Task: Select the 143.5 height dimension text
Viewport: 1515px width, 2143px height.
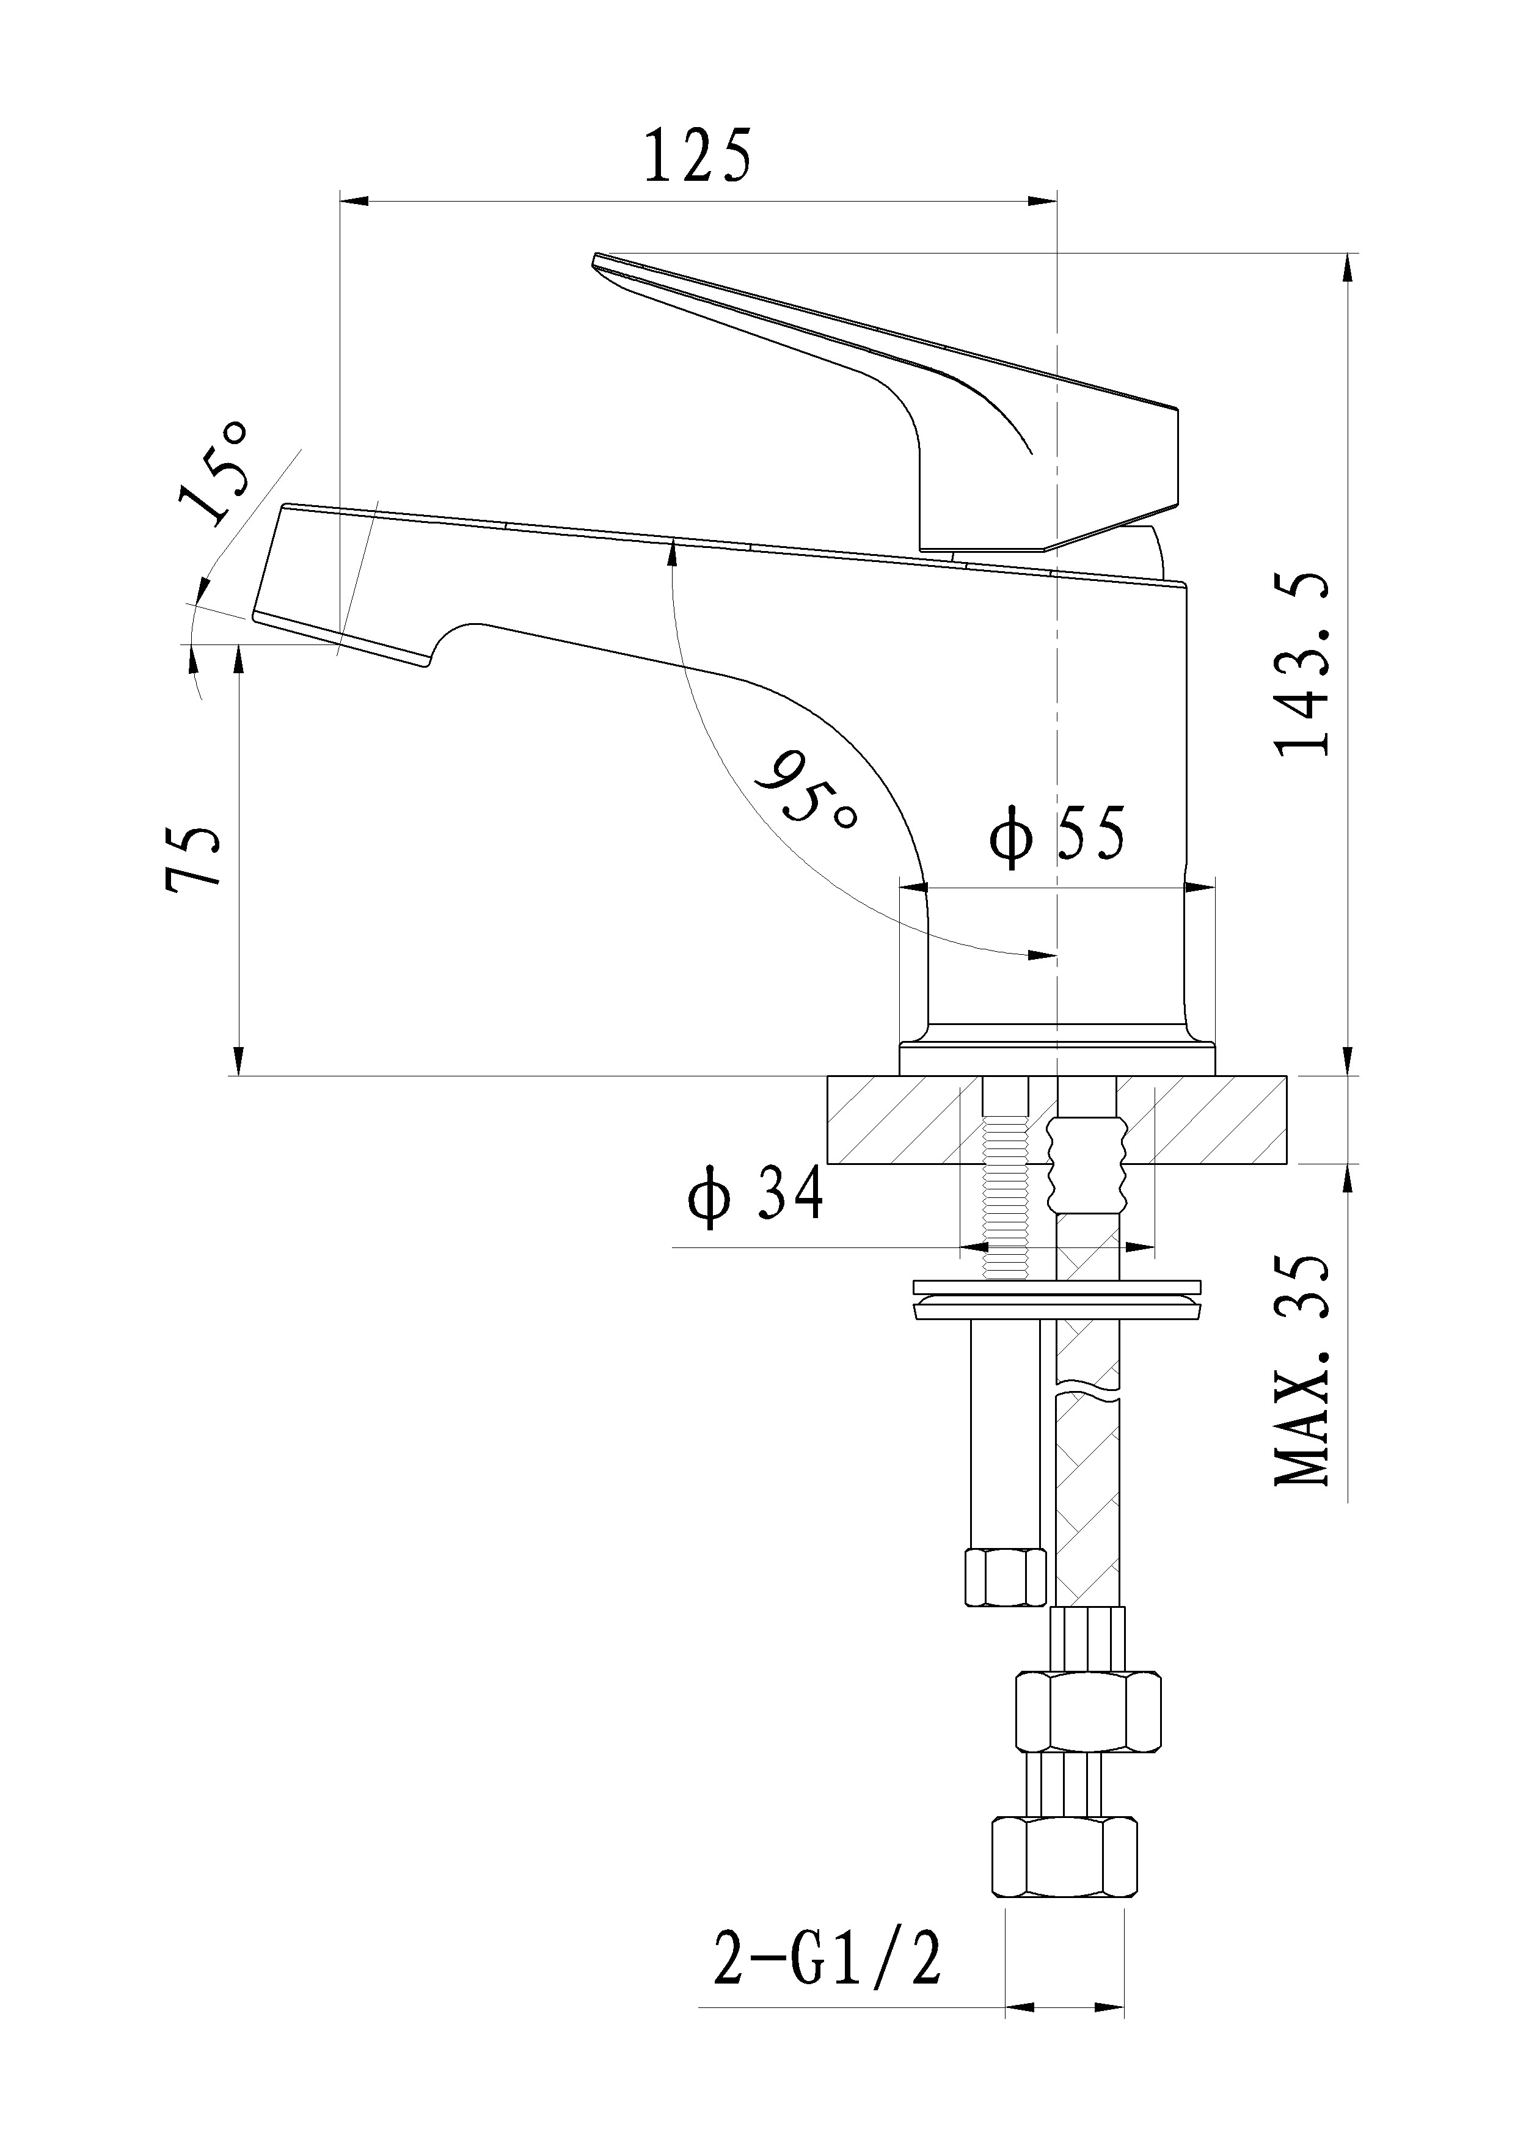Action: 1301,665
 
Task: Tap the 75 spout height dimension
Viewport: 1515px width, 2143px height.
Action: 193,859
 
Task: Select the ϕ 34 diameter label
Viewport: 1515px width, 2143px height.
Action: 756,1196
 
